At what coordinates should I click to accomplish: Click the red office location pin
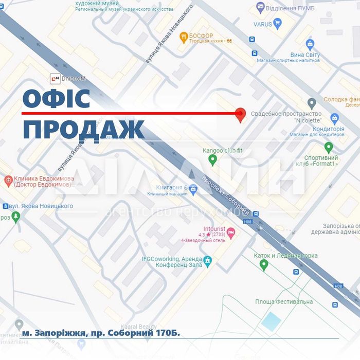(240, 115)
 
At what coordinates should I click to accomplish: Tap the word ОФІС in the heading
(57, 99)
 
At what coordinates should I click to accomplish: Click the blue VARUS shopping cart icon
(278, 23)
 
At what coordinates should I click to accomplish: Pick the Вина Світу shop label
(305, 55)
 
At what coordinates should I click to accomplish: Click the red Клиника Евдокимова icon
(8, 181)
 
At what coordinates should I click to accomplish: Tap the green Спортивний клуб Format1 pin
(329, 148)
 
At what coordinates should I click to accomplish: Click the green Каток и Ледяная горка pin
(264, 265)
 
